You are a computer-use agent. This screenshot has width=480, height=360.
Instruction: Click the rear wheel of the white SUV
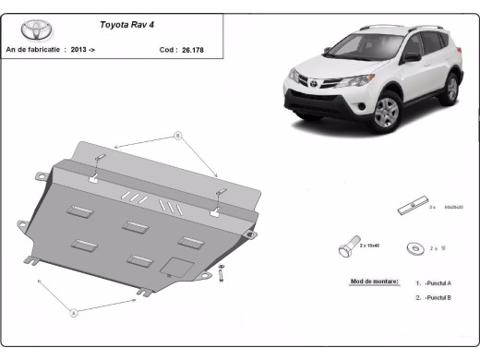[451, 89]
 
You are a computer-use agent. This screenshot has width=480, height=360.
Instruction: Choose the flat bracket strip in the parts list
[411, 205]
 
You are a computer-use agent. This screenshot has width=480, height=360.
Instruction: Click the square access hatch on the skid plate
[172, 265]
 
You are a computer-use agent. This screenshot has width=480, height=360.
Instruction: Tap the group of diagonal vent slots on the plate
[149, 199]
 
